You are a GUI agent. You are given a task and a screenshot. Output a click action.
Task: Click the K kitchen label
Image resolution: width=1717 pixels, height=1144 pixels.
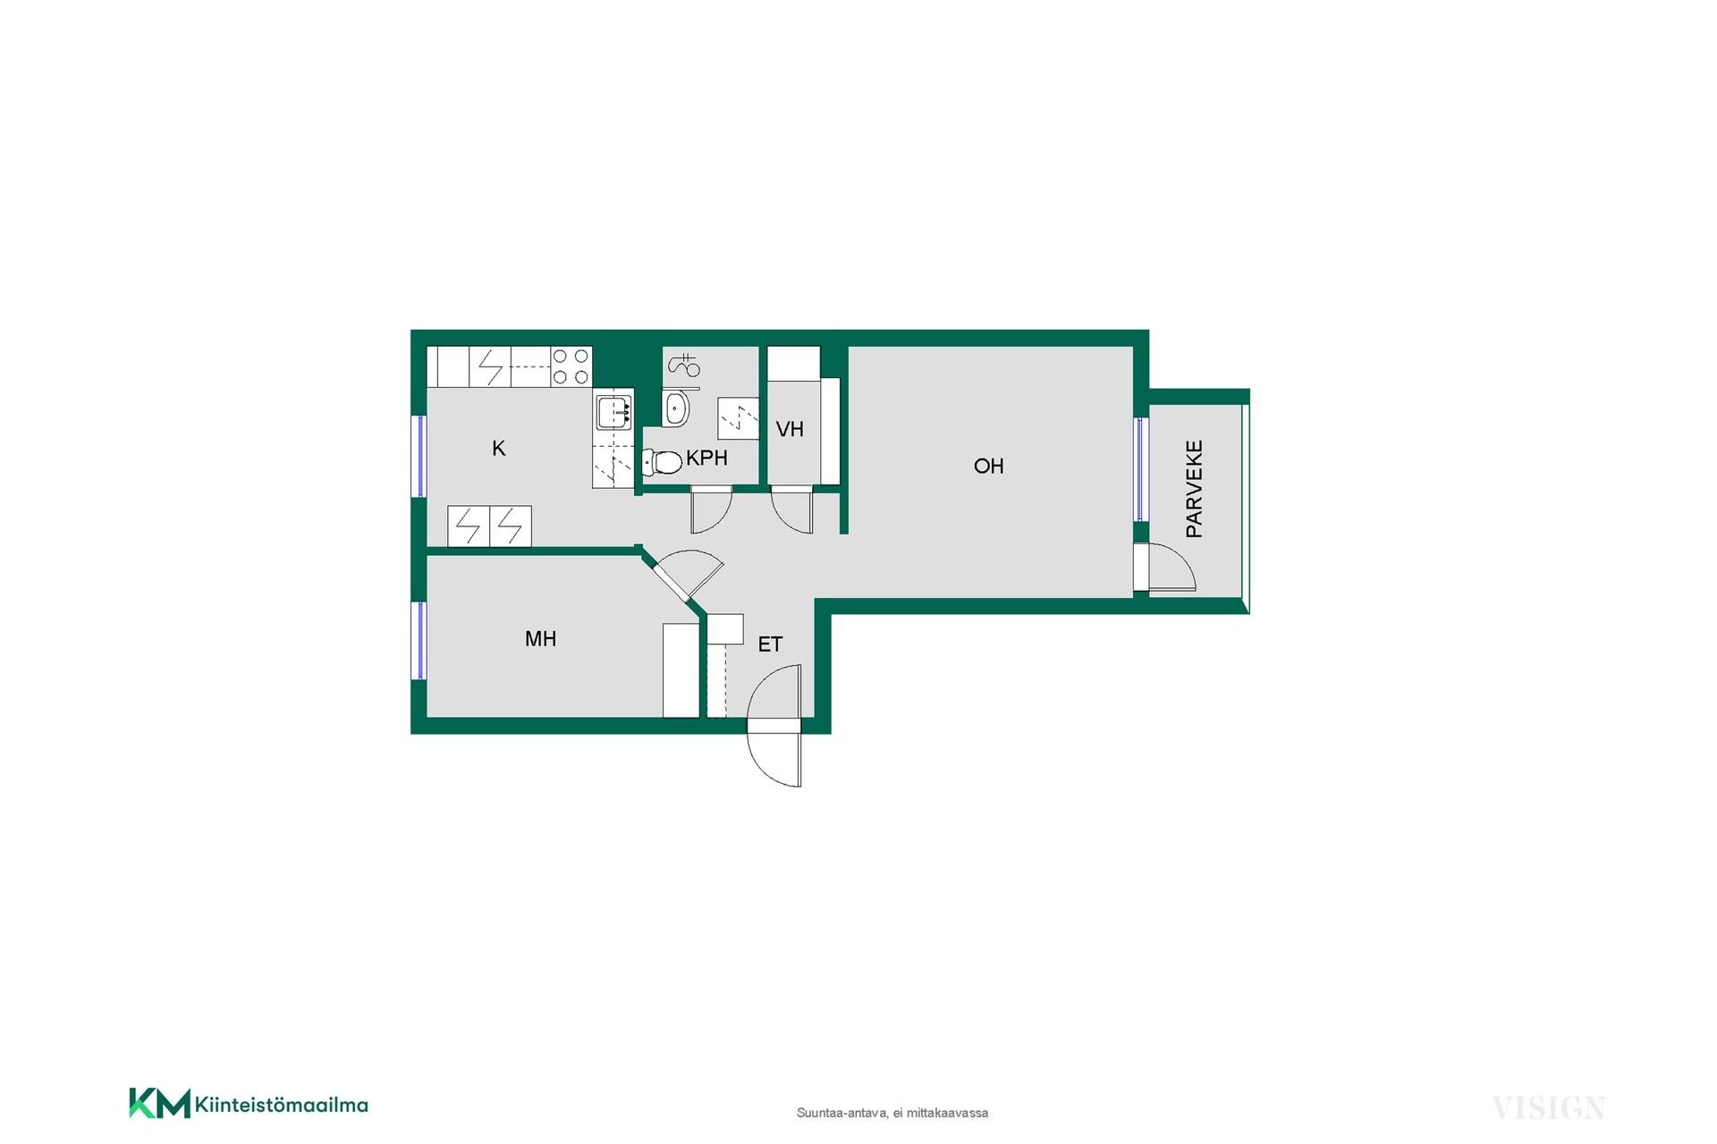pyautogui.click(x=499, y=448)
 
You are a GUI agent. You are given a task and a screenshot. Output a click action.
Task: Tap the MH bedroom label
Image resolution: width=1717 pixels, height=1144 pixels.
pyautogui.click(x=540, y=638)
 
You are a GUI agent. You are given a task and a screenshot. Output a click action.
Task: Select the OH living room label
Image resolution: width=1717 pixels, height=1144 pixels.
pyautogui.click(x=988, y=466)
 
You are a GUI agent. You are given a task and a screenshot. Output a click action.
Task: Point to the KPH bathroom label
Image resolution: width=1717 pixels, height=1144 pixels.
pyautogui.click(x=706, y=458)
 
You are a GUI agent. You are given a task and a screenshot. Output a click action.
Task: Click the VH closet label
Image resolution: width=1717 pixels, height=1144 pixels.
pyautogui.click(x=790, y=430)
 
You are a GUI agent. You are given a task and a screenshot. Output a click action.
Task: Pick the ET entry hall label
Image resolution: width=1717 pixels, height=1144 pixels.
pyautogui.click(x=770, y=644)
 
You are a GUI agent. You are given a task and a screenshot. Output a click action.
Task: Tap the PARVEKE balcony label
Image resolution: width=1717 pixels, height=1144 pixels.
pyautogui.click(x=1194, y=488)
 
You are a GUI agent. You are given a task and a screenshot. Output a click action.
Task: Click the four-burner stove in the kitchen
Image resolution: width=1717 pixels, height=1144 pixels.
pyautogui.click(x=571, y=366)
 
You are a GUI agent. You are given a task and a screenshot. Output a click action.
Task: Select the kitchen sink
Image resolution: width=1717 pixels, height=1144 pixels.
pyautogui.click(x=614, y=412)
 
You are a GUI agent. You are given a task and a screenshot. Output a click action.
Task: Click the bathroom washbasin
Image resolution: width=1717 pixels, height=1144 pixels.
pyautogui.click(x=676, y=408)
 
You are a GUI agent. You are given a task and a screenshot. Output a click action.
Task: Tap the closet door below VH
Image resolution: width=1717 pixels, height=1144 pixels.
pyautogui.click(x=792, y=510)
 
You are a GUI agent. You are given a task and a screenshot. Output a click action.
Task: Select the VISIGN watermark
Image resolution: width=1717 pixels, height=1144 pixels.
pyautogui.click(x=1549, y=1108)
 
